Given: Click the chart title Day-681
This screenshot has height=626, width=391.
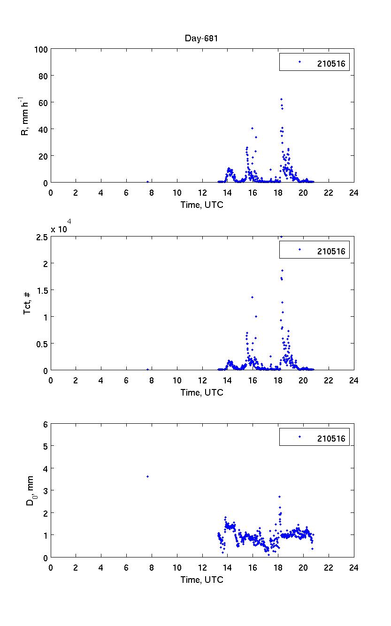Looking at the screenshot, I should (201, 38).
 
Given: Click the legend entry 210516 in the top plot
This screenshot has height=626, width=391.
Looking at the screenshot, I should (330, 64).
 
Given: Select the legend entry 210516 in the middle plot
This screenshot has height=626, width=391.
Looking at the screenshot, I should (330, 252).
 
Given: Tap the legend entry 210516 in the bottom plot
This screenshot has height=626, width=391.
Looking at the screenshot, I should (330, 439).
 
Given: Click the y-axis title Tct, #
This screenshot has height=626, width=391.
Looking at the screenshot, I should (28, 303).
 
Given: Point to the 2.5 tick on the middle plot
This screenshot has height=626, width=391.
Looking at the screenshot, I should (41, 237).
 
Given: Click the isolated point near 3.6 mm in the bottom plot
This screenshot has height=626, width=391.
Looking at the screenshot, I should (147, 476).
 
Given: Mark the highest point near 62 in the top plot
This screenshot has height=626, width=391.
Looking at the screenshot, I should (281, 99).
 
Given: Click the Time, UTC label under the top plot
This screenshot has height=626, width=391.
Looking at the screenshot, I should (202, 205).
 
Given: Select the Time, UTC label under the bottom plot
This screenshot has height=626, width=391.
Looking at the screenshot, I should (202, 580).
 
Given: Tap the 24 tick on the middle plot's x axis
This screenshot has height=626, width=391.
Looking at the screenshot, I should (353, 380).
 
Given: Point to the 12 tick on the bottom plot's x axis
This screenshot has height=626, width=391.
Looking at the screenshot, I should (202, 567).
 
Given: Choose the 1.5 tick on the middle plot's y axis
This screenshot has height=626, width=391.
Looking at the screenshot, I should (41, 290).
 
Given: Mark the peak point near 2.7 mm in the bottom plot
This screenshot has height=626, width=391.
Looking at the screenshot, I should (279, 496).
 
